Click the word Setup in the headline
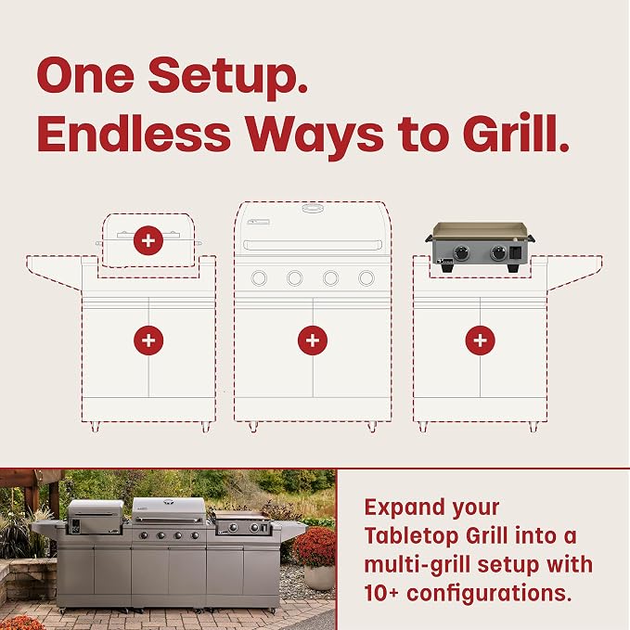228,76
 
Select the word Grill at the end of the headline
516,133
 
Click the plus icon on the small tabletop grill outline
148,240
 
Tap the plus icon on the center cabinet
313,341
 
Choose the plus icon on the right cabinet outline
480,341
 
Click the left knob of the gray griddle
461,253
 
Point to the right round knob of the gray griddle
498,252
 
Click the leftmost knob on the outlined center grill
259,278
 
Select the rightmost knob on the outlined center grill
366,278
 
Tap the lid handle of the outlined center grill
313,245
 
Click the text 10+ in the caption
381,592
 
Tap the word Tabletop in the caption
411,536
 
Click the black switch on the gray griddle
516,253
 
